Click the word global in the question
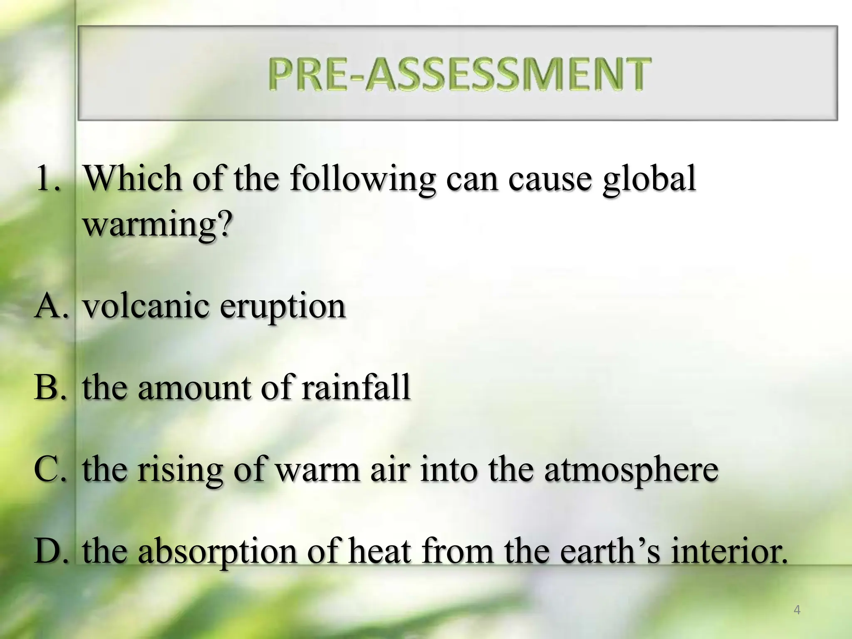click(649, 179)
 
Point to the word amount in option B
click(194, 387)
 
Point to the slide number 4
click(797, 610)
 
